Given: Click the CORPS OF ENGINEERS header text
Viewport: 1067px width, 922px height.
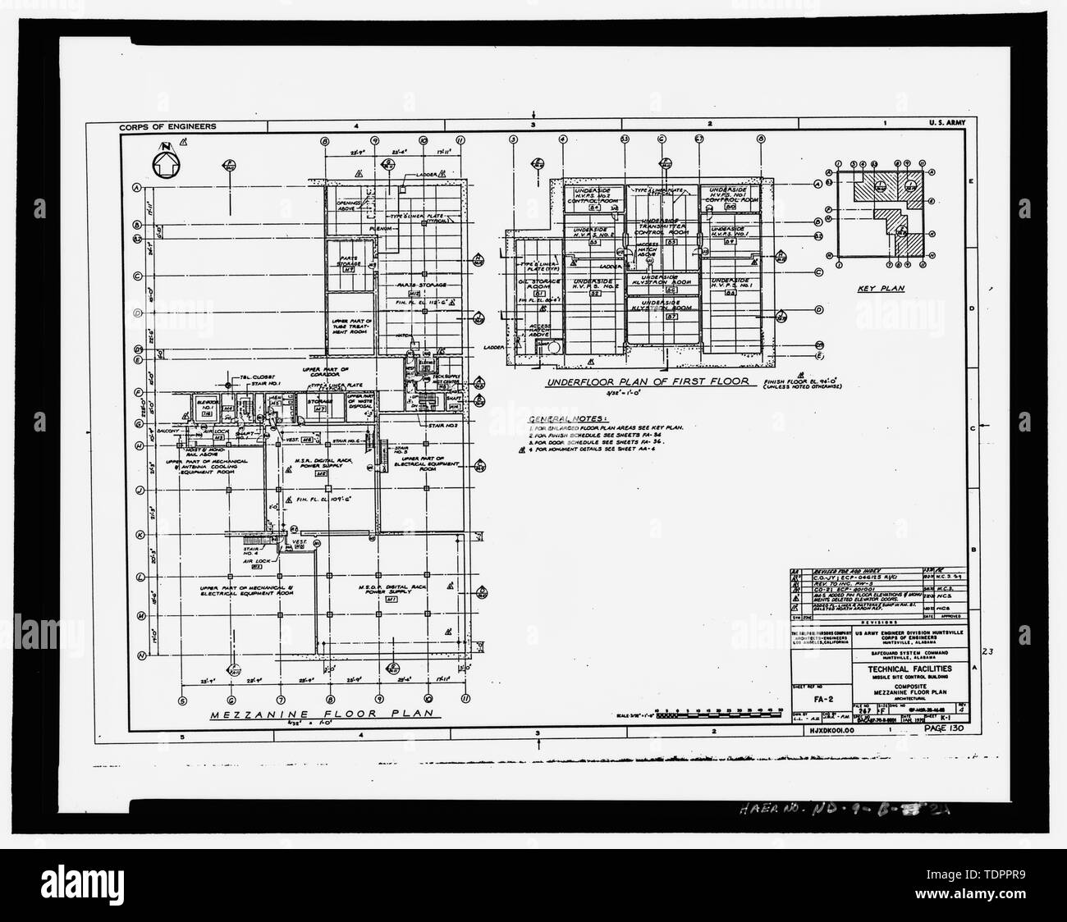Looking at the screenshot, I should point(167,127).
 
